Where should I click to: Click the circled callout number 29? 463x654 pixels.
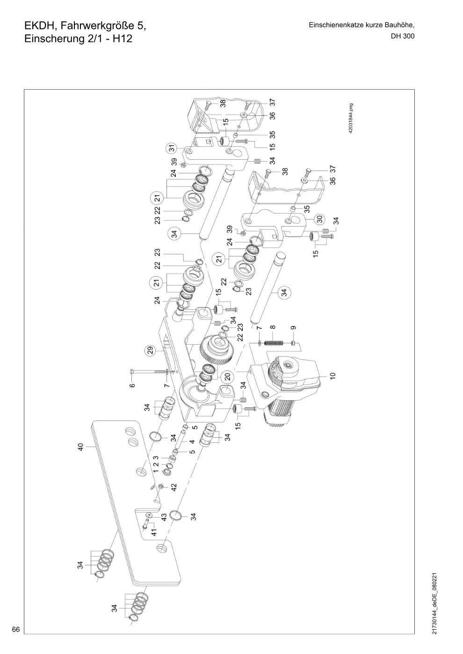[150, 350]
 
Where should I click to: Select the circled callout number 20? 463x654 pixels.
[227, 377]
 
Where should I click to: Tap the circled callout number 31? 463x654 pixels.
[172, 148]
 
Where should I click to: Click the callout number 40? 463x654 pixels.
[80, 447]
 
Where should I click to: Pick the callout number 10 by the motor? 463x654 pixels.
[333, 376]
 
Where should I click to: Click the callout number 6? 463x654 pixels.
[132, 385]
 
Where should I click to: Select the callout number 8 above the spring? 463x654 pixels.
[273, 327]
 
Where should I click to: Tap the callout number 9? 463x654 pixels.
[294, 327]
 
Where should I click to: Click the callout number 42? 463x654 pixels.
[174, 487]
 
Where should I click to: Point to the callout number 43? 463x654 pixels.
[164, 517]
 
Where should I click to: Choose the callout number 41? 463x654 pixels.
[154, 532]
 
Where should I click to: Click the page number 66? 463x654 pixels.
[16, 629]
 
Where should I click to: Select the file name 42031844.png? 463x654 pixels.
[351, 118]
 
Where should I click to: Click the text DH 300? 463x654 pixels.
[403, 36]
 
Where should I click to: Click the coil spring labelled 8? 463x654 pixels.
[274, 343]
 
